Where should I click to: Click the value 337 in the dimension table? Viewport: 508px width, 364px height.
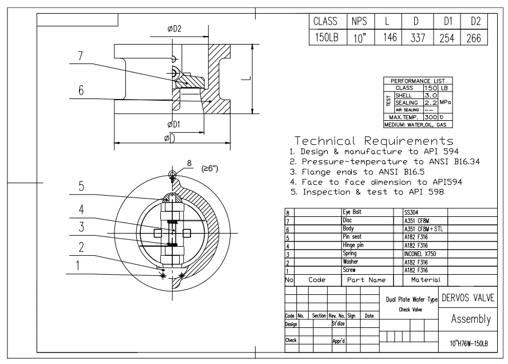coord(418,38)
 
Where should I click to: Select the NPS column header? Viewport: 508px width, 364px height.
coord(359,21)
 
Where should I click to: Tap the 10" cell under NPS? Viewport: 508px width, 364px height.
coord(360,38)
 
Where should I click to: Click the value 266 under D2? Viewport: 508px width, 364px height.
coord(474,38)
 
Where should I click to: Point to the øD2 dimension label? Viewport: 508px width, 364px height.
coord(174,29)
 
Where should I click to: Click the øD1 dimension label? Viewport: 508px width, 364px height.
coord(174,124)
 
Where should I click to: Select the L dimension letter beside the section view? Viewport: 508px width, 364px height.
coord(248,78)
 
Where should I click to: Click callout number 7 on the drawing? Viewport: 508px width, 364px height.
coord(80,56)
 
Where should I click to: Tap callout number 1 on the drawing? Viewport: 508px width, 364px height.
coord(78,266)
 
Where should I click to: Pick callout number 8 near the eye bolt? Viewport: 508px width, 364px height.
coord(189,163)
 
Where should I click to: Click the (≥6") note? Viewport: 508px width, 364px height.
coord(209,168)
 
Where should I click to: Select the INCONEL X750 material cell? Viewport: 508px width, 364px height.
coord(420,254)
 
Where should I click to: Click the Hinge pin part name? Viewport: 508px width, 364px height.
coord(353,245)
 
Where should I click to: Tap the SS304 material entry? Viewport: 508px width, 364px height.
coord(411,213)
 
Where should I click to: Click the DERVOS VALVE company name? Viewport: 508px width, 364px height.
coord(468,298)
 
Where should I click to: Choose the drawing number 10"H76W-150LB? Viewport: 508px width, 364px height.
coord(469,343)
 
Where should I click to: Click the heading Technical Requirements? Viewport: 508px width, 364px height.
coord(374,141)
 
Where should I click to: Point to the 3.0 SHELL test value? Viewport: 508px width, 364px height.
coord(431,96)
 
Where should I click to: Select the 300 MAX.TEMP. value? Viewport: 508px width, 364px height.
coord(431,117)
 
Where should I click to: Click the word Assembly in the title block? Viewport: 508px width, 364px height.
coord(471,319)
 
